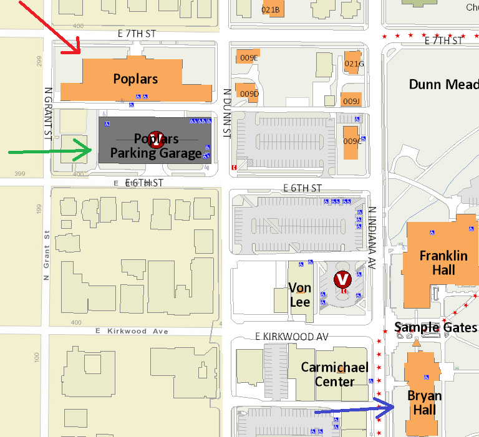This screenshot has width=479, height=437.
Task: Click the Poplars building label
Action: point(135,79)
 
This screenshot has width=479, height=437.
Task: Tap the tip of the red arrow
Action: point(79,52)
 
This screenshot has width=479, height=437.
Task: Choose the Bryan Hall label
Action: point(425,403)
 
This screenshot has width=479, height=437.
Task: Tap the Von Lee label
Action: point(300,295)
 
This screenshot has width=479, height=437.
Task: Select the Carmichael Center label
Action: point(334,374)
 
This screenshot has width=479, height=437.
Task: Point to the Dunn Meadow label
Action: point(443,84)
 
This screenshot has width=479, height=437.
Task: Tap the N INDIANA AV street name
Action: point(372,237)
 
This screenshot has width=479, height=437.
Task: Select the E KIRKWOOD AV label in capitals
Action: point(291,337)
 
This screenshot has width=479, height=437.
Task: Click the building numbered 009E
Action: point(249,58)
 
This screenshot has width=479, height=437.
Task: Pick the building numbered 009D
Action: point(249,94)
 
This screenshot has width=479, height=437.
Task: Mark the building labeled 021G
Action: point(354,64)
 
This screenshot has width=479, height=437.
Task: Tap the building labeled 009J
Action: point(351,101)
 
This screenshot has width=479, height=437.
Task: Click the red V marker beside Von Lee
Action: point(342,279)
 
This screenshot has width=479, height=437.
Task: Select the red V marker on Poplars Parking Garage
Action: point(156,140)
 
